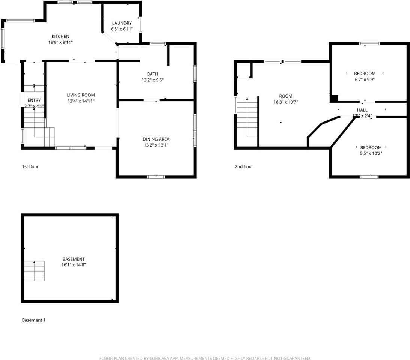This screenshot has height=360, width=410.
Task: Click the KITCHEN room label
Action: (60, 36)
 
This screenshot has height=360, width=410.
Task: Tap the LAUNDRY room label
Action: (122, 23)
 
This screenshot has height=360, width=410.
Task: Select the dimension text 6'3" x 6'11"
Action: (122, 29)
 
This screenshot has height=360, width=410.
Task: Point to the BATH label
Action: (152, 74)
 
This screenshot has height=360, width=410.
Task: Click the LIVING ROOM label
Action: (81, 95)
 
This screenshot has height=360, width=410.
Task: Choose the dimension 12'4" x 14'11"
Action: (81, 101)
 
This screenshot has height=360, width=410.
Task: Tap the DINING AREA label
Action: (156, 139)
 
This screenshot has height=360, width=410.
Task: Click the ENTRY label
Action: (34, 100)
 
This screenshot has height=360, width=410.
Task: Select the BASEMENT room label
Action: (74, 259)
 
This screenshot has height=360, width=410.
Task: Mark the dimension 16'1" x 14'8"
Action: (74, 265)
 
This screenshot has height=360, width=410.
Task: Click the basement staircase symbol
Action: (34, 271)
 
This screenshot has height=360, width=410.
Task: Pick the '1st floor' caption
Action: (30, 166)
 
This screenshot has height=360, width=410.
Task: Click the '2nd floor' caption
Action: (244, 166)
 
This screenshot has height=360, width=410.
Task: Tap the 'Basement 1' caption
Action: (34, 320)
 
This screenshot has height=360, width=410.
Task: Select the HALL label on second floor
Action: (362, 110)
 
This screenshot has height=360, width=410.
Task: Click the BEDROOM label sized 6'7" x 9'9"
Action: (365, 73)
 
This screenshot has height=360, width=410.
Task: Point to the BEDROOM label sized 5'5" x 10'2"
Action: (371, 147)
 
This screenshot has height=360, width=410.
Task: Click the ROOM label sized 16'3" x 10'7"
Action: (285, 96)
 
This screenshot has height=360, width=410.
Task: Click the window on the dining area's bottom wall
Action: (156, 177)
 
